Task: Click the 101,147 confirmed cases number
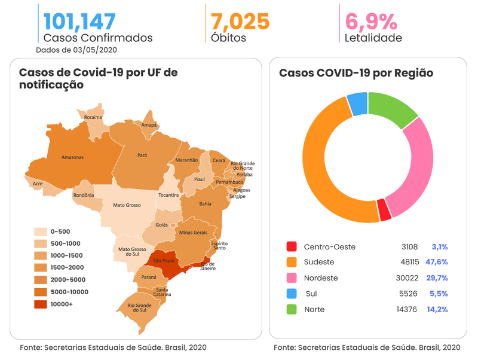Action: pos(79,21)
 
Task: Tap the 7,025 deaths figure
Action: pos(240,21)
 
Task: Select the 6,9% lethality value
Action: pos(371,21)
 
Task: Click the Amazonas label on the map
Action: pos(72,158)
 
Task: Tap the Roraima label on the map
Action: pos(93,117)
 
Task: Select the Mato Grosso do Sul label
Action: pos(132,252)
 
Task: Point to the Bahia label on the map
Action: pos(205,204)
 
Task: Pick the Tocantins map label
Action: pos(168,195)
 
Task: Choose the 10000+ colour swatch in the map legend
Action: pos(41,304)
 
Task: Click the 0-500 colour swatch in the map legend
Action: pos(41,231)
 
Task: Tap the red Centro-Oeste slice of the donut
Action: pos(384,209)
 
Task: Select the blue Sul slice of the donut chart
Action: pos(357,104)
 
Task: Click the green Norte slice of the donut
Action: pos(392,108)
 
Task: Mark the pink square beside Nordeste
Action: pos(292,278)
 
